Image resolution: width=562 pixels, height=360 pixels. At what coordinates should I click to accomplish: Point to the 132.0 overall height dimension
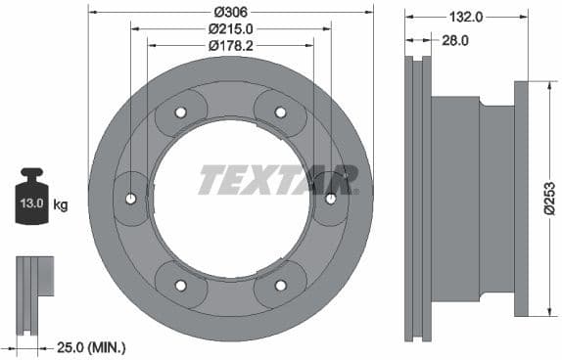click(466, 17)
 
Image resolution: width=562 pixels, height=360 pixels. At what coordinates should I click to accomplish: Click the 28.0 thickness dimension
click(454, 40)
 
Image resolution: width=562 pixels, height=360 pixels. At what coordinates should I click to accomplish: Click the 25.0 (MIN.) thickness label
click(92, 346)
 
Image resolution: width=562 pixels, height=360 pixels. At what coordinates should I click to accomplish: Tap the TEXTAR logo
click(278, 180)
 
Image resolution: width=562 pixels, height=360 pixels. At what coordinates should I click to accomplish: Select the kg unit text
click(61, 204)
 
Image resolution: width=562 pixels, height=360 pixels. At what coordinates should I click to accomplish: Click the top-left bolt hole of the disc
click(181, 112)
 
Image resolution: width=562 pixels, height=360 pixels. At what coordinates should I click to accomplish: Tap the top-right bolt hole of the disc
click(280, 112)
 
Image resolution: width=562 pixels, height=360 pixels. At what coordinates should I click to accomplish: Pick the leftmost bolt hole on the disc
click(131, 199)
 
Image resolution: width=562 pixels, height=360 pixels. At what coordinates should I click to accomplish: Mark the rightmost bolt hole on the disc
click(330, 199)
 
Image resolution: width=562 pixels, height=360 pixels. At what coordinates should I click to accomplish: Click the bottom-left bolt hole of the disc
click(181, 285)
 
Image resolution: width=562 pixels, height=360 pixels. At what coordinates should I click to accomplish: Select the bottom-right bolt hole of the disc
click(280, 285)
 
